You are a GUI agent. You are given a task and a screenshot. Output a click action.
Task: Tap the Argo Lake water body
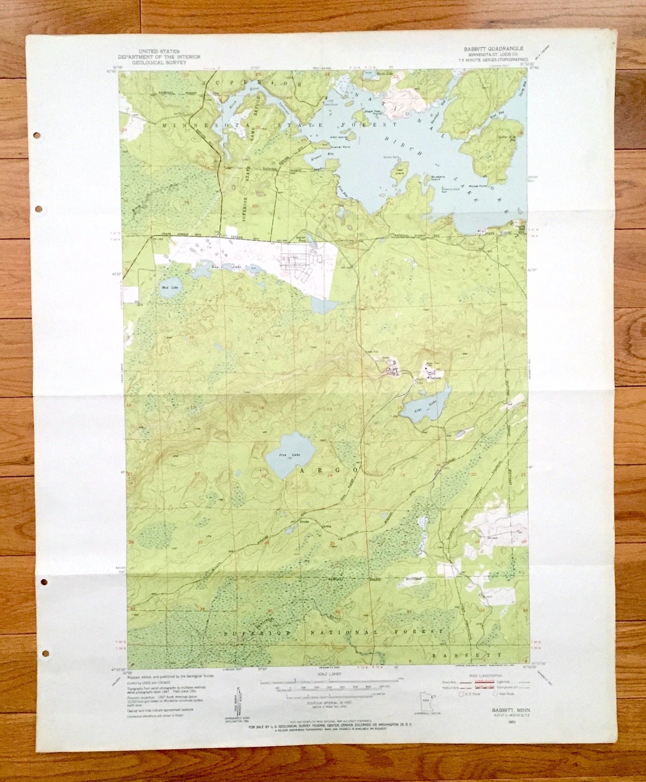[x=426, y=407]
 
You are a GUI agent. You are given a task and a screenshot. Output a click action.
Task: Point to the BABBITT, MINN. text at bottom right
[x=503, y=709]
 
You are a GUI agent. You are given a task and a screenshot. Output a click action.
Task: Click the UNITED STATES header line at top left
[x=159, y=51]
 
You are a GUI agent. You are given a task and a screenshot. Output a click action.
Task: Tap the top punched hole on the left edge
[x=37, y=136]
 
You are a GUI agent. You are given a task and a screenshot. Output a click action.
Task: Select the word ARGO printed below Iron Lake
[x=326, y=471]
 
